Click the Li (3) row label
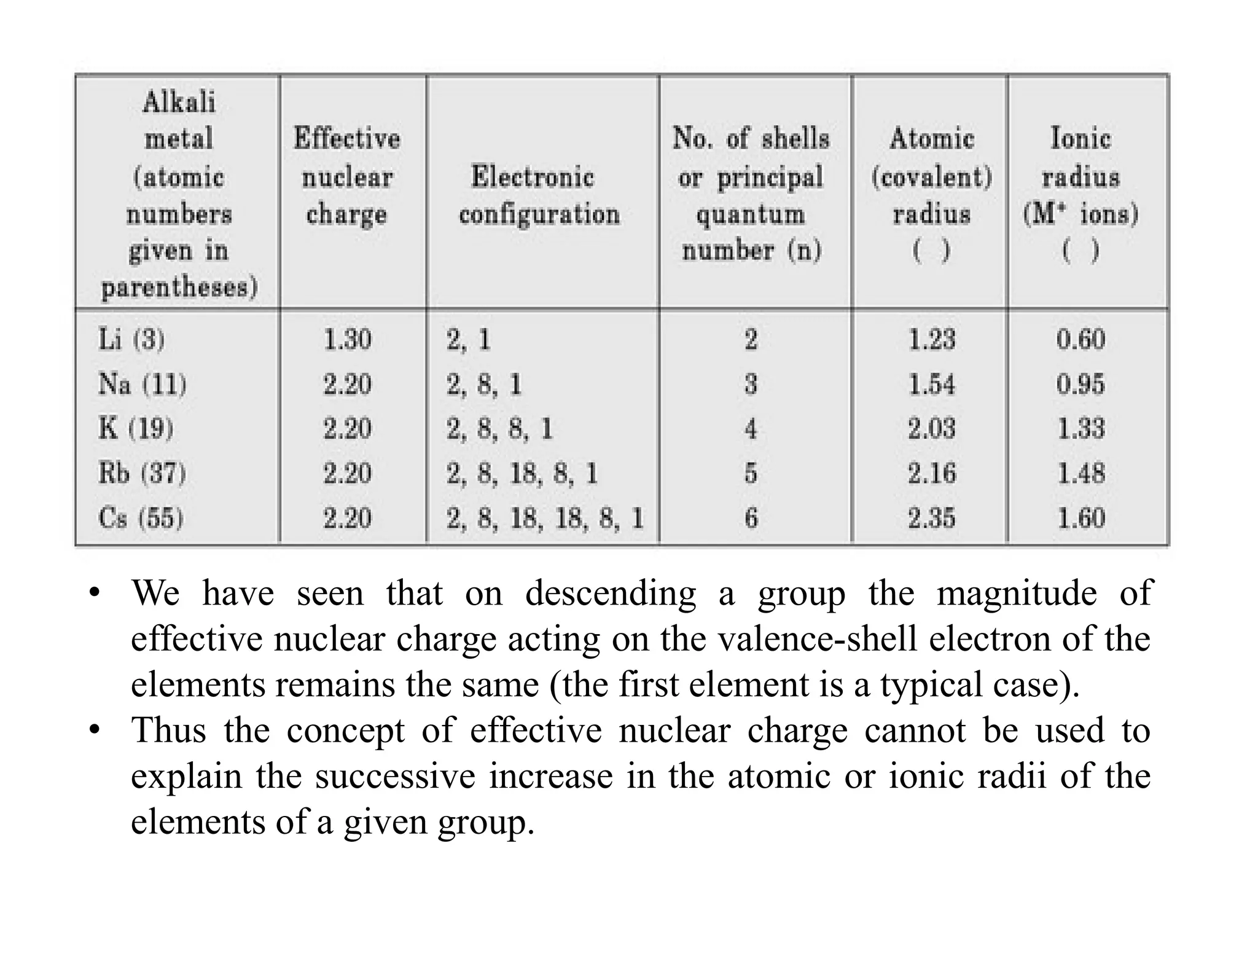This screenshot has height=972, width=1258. point(131,339)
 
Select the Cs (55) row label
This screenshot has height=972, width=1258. point(141,518)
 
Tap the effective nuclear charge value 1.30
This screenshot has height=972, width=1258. point(348,339)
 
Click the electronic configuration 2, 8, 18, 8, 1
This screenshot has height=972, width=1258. point(522,474)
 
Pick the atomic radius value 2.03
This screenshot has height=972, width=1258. point(932,428)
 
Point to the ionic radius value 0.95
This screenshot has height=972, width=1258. point(1080,384)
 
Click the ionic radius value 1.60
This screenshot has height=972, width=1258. point(1080,518)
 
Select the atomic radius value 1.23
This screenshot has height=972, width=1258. point(932,339)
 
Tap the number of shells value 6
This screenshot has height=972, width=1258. point(751,518)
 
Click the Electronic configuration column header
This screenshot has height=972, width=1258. point(539,195)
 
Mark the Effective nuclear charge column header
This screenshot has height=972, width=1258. point(347,176)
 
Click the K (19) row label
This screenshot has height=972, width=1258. point(136,428)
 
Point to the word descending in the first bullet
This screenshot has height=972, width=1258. point(610,594)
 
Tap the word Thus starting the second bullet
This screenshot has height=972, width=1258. point(168,731)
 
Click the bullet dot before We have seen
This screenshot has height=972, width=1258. point(94,594)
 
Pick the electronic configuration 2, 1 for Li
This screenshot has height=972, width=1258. point(469,339)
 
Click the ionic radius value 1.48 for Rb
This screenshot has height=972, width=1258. point(1080,474)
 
